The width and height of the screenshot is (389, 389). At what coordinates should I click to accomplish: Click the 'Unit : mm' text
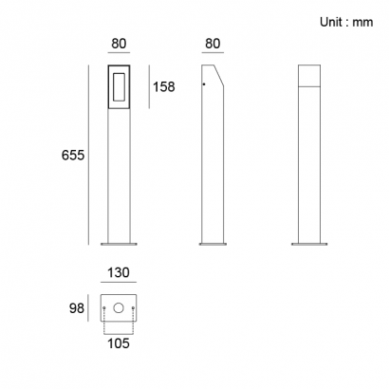click(346, 22)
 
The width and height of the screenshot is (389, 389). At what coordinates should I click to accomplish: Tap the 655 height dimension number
click(73, 156)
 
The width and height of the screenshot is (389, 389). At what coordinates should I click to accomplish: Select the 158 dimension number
click(164, 86)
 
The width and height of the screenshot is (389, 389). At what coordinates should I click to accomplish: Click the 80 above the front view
click(119, 44)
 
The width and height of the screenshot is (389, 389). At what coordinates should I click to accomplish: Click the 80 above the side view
click(213, 44)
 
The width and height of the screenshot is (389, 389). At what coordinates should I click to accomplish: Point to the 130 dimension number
click(119, 272)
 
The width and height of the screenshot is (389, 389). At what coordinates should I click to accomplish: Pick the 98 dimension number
click(77, 308)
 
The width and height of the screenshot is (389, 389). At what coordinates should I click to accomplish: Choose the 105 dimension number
click(119, 343)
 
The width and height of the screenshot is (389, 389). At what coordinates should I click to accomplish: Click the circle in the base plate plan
click(119, 307)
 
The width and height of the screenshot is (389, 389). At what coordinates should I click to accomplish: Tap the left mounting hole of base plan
click(104, 307)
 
